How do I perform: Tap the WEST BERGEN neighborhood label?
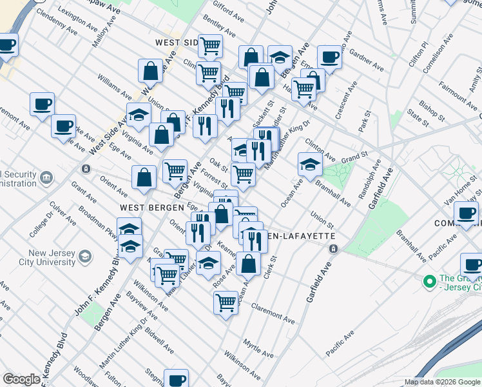(x=149, y=208)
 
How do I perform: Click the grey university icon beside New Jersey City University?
(x=84, y=258)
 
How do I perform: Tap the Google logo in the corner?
(x=22, y=379)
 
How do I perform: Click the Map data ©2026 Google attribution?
(x=443, y=382)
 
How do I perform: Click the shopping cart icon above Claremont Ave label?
(x=226, y=301)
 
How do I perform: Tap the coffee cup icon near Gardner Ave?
(x=329, y=57)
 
